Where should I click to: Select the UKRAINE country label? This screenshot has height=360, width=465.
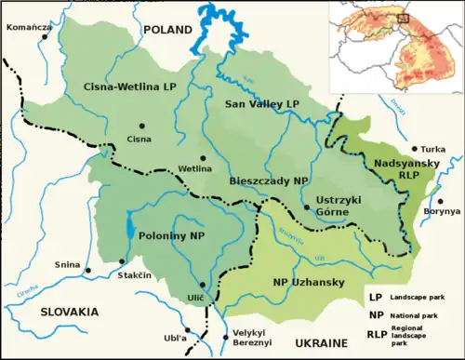coord(326,343)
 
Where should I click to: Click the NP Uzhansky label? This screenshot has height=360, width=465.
coord(308,281)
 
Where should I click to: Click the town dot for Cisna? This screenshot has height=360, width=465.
coord(141,126)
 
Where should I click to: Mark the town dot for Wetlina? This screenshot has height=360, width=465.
coord(203,157)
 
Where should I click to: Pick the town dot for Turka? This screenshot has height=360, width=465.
coord(414,149)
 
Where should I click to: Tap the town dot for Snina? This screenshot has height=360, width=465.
coord(88,271)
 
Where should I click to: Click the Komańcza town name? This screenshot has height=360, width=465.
coord(28,28)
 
